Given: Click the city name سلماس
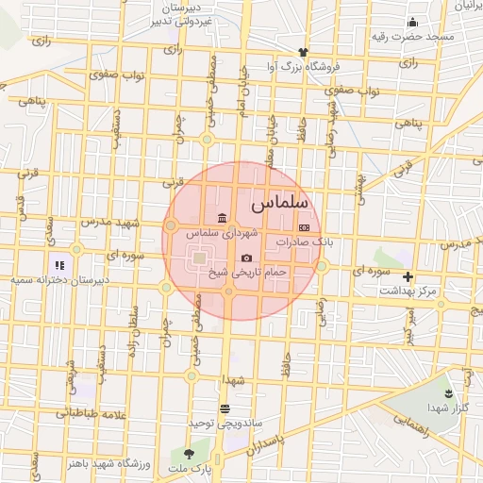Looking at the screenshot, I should [275, 204].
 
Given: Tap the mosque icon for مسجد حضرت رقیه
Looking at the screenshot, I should [411, 23].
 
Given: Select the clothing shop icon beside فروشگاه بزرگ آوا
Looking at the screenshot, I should [302, 52].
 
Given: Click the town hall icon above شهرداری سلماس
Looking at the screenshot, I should [221, 218].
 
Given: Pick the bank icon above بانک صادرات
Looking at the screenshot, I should [304, 227].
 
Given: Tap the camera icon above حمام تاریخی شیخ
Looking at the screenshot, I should [247, 258].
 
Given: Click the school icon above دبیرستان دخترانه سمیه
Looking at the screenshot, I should [58, 266].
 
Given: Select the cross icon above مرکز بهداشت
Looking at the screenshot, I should [408, 276].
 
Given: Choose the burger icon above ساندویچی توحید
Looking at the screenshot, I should [225, 409].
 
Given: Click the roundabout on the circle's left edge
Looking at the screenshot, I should [171, 225].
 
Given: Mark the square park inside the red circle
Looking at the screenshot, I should [199, 257].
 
